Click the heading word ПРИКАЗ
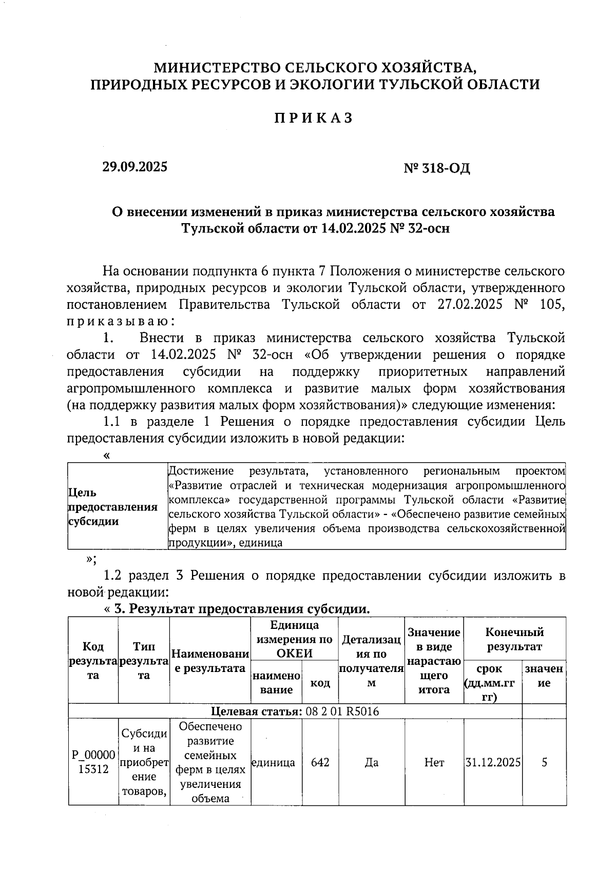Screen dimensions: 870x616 (314, 118)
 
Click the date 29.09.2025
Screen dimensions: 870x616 (134, 167)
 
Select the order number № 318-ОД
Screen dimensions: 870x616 (437, 168)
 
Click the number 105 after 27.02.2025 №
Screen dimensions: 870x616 (552, 304)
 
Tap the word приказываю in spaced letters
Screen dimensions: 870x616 (121, 321)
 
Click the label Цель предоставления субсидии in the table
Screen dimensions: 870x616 (112, 507)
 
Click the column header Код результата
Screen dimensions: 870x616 (93, 661)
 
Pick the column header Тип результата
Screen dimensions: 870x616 (144, 661)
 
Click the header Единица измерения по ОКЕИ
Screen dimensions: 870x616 (294, 639)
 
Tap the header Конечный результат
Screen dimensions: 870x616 (514, 639)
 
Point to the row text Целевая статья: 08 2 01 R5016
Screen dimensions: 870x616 (295, 711)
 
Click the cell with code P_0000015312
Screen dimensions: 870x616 (93, 762)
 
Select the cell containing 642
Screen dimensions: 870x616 (320, 762)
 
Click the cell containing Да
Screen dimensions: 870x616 (371, 762)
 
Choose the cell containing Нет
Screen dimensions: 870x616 (434, 762)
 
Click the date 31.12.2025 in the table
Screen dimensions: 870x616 (493, 762)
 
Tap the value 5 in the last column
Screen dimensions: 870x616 (544, 762)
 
